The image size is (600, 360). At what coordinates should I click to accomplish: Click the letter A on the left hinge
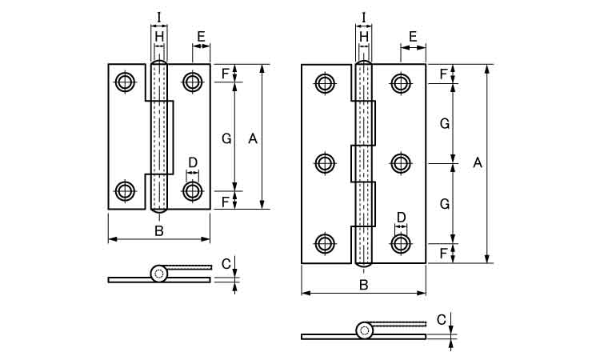pyautogui.click(x=253, y=138)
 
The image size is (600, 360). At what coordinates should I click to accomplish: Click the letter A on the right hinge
pyautogui.click(x=477, y=163)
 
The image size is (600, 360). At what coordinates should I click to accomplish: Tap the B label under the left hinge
pyautogui.click(x=159, y=230)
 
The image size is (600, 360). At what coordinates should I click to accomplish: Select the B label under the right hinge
pyautogui.click(x=364, y=285)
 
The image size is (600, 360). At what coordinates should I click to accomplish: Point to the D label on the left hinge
pyautogui.click(x=193, y=163)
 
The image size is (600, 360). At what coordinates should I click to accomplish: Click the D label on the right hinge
pyautogui.click(x=401, y=218)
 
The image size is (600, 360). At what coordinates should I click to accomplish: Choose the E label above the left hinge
pyautogui.click(x=202, y=37)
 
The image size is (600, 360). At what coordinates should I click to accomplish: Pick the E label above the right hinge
pyautogui.click(x=413, y=37)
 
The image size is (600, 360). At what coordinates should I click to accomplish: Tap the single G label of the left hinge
pyautogui.click(x=226, y=138)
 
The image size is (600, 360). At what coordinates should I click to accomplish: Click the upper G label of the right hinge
pyautogui.click(x=445, y=123)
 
